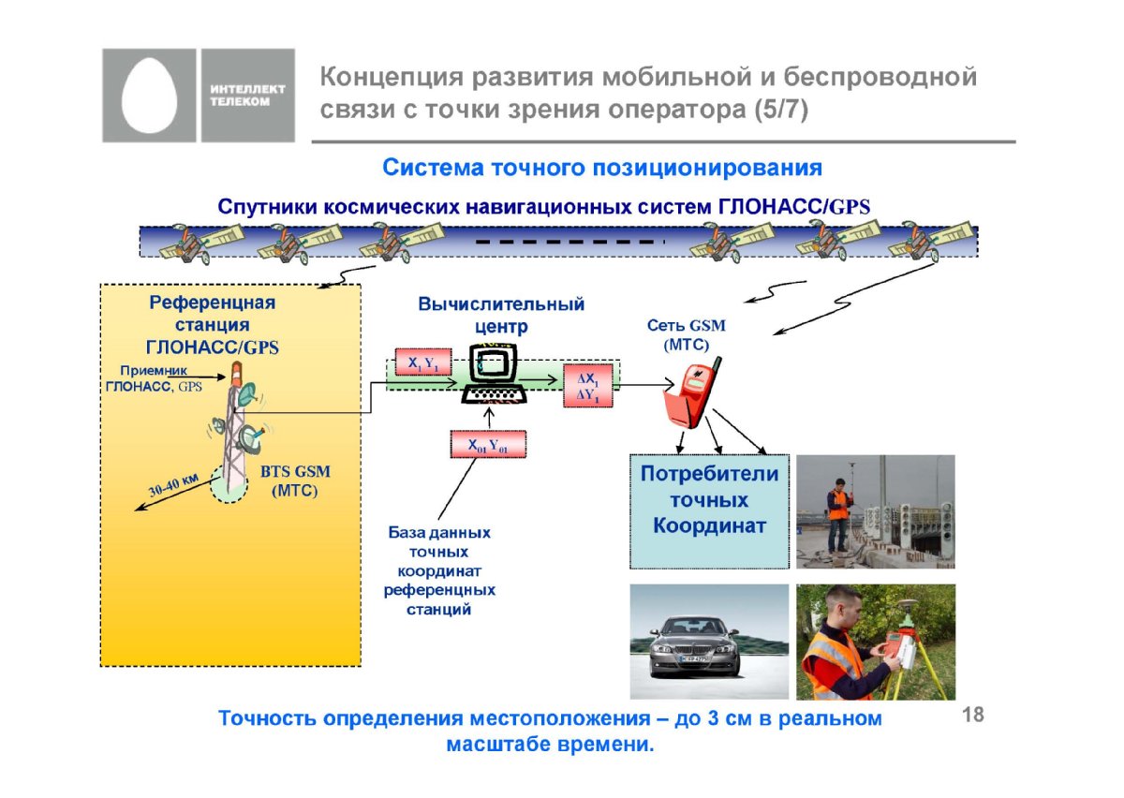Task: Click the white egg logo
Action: (149, 96)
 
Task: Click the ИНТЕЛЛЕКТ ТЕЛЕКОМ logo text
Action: (247, 96)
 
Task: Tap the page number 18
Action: (973, 715)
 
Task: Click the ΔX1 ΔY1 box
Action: (587, 386)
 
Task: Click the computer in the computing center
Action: (495, 374)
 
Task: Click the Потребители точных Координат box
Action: (710, 511)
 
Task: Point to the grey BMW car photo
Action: (709, 642)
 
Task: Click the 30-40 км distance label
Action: (173, 484)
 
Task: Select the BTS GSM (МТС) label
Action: (295, 480)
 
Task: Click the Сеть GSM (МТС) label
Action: (686, 334)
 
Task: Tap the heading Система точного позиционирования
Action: (602, 168)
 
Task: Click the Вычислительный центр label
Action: (501, 316)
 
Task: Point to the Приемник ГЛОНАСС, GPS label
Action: (154, 378)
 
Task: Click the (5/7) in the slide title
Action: (781, 110)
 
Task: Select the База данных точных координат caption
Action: (439, 571)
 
